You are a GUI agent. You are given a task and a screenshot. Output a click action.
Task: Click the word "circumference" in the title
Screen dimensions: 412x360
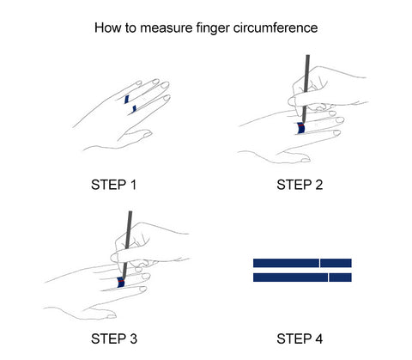click(276, 28)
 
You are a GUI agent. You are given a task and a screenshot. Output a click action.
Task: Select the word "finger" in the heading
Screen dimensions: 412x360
click(213, 28)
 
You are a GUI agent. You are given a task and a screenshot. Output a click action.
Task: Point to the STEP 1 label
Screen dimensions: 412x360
click(113, 185)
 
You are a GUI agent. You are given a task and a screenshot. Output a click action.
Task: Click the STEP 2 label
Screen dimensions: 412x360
click(300, 185)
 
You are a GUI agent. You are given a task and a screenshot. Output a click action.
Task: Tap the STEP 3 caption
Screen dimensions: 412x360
click(114, 339)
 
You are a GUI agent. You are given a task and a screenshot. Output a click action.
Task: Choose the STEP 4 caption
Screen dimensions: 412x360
click(300, 339)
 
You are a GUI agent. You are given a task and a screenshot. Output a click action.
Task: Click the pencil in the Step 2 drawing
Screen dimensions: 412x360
click(306, 88)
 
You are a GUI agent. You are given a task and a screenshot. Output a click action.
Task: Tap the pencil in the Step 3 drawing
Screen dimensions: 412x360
click(127, 245)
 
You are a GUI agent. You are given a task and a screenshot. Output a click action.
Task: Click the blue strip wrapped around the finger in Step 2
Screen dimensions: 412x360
click(300, 128)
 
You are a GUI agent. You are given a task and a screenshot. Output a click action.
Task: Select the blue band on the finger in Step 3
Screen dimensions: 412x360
click(121, 283)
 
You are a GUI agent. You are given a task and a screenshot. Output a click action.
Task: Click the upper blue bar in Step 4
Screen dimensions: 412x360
click(302, 263)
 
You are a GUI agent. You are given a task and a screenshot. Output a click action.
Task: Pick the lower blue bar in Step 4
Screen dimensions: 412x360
click(302, 278)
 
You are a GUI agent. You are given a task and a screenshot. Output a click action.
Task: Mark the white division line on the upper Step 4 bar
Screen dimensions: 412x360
click(319, 263)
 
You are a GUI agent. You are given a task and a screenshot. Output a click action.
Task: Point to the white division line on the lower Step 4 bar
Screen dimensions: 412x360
click(329, 278)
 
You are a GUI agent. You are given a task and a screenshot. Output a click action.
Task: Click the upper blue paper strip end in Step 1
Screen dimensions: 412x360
click(127, 99)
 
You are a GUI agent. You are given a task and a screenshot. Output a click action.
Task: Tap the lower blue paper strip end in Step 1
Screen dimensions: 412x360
click(134, 109)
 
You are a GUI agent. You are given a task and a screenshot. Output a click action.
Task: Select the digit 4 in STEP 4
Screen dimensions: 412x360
click(319, 339)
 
